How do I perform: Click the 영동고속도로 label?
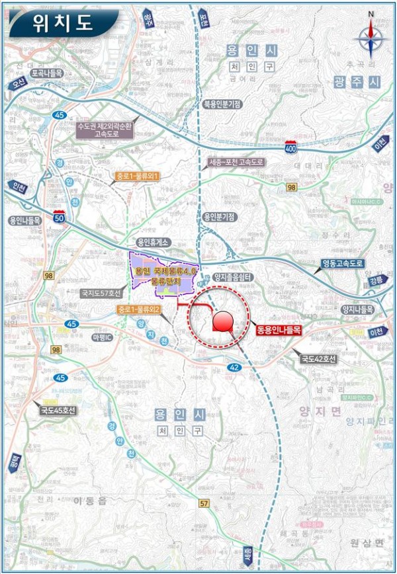coord(343,263)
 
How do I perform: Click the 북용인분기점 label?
coord(222,104)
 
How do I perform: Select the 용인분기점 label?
coord(222,216)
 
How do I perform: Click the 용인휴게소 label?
coord(154,243)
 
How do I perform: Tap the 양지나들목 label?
coord(358,309)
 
